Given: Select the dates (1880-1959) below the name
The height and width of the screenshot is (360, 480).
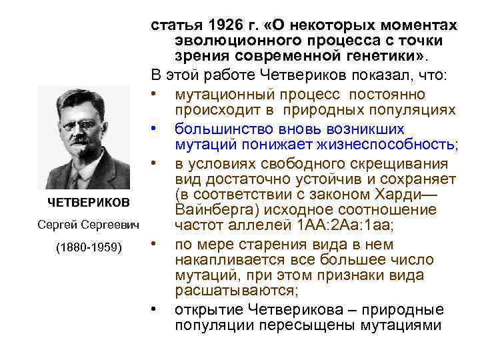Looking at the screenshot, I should tap(88, 247).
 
